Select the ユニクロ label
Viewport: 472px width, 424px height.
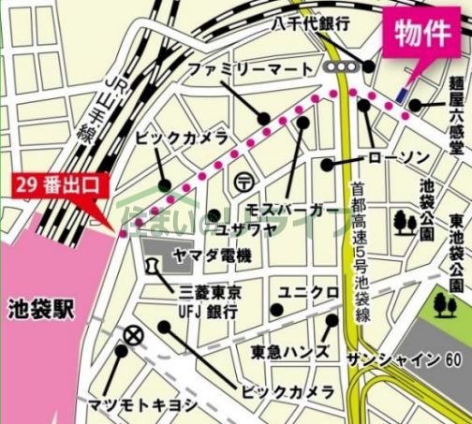pos(313,293)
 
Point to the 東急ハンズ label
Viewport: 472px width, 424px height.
pos(289,352)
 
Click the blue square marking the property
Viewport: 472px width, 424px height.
pos(401,95)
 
